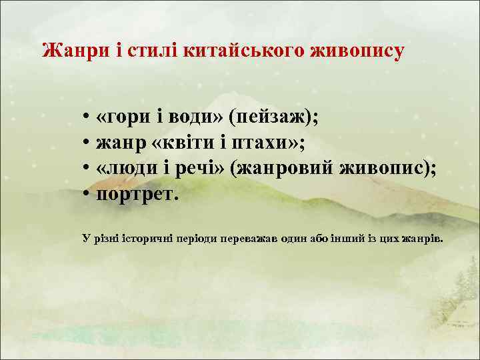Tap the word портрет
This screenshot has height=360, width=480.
click(137, 195)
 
